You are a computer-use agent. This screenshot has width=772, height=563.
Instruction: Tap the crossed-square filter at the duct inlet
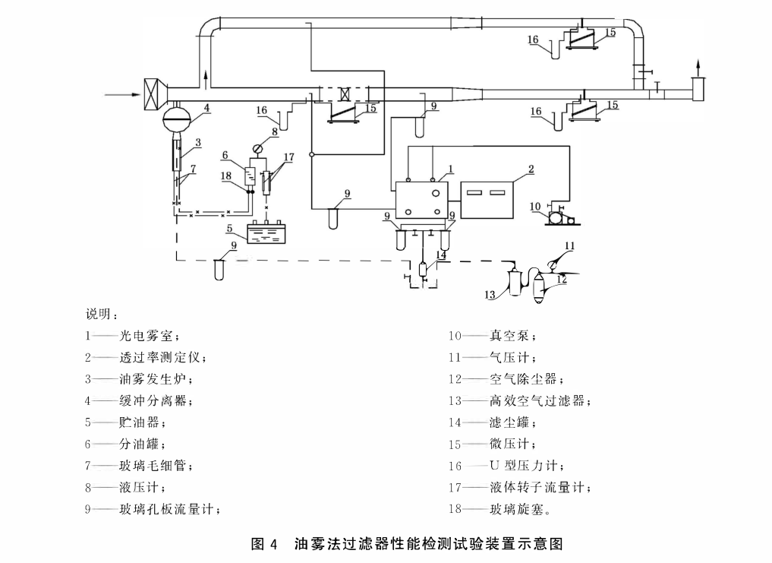tap(154, 94)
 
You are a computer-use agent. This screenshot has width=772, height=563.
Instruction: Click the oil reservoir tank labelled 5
tap(267, 232)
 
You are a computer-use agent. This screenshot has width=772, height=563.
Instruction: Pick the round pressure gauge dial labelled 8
tap(257, 150)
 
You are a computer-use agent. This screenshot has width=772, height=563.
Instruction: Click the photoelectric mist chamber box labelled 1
tap(421, 200)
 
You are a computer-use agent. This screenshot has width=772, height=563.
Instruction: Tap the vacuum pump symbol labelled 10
tap(557, 217)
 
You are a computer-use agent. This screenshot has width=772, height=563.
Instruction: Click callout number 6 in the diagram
tap(225, 155)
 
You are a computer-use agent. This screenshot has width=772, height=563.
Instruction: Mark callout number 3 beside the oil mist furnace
tap(197, 142)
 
